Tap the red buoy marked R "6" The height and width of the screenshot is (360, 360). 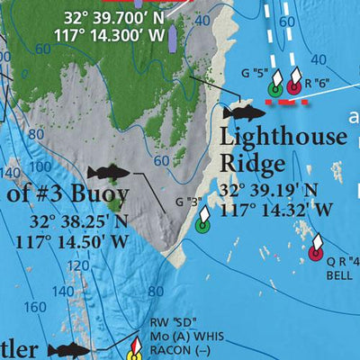tap(292, 88)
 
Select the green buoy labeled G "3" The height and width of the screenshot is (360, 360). tap(202, 225)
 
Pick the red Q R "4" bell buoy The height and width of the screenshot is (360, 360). tap(315, 253)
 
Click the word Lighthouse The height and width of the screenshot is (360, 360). tap(283, 139)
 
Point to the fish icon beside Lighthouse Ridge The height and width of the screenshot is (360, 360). tap(245, 112)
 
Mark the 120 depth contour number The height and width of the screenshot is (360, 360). tap(78, 266)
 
